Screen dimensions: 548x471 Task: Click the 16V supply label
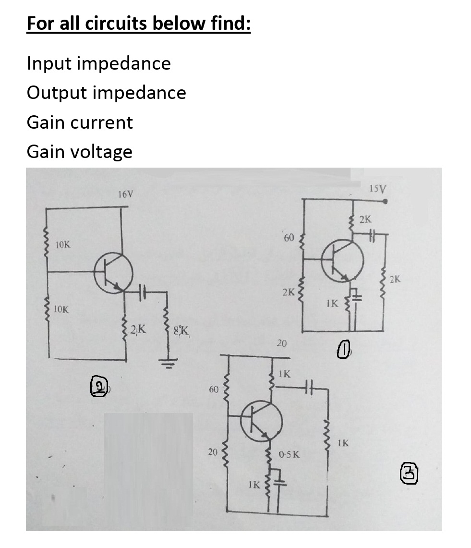click(126, 195)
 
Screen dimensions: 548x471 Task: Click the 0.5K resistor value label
click(289, 454)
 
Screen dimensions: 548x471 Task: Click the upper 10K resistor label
click(62, 245)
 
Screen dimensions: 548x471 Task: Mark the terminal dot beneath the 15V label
click(386, 202)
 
